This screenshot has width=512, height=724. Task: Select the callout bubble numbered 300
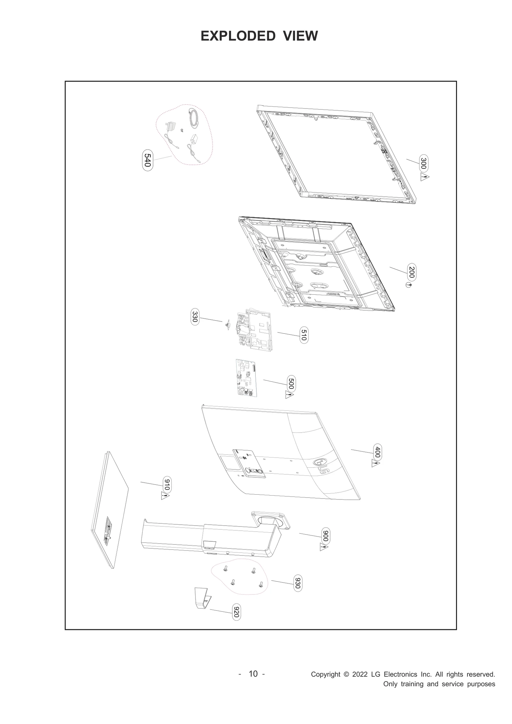(423, 163)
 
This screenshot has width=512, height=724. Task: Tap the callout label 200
(412, 272)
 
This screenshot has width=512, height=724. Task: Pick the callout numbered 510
(304, 335)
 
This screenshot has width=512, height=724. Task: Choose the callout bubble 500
(291, 383)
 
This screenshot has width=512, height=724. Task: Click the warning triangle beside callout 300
(425, 178)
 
